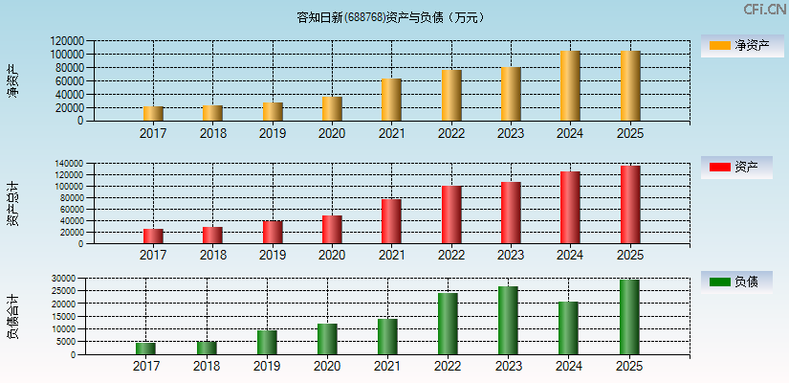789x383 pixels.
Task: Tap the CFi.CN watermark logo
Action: pyautogui.click(x=764, y=10)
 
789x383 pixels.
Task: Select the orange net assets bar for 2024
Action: pyautogui.click(x=570, y=86)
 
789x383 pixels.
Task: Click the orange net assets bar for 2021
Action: pyautogui.click(x=391, y=100)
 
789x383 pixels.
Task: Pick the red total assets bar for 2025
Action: pyautogui.click(x=630, y=205)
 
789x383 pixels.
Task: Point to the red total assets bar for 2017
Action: pyautogui.click(x=153, y=236)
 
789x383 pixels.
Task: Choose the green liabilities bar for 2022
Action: pyautogui.click(x=448, y=324)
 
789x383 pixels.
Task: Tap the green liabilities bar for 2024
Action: pyautogui.click(x=568, y=328)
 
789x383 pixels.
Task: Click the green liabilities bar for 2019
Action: pyautogui.click(x=267, y=342)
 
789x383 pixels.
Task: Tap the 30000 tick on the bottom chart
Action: pyautogui.click(x=62, y=279)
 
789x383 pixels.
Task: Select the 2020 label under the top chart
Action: pyautogui.click(x=332, y=133)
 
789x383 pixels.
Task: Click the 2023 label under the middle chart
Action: pyautogui.click(x=511, y=256)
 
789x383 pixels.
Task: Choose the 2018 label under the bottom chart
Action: pyautogui.click(x=207, y=367)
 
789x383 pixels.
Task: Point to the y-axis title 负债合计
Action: pyautogui.click(x=13, y=318)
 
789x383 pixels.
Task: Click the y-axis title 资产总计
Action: pyautogui.click(x=13, y=203)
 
